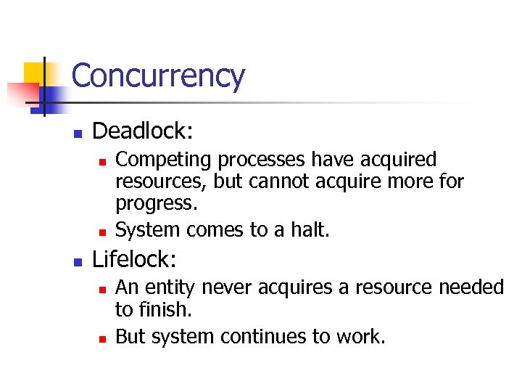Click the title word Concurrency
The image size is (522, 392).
[x=158, y=75]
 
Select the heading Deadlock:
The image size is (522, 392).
[x=143, y=131]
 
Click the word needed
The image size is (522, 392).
[x=471, y=288]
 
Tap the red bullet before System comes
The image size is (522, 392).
[x=102, y=232]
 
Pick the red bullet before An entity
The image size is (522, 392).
[x=102, y=290]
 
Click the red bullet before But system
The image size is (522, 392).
[x=102, y=338]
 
